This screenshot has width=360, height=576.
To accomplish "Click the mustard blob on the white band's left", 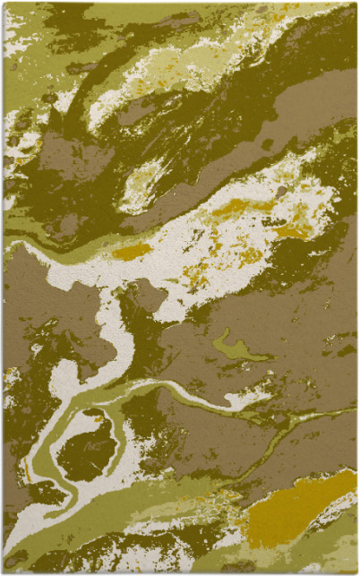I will click(x=132, y=252).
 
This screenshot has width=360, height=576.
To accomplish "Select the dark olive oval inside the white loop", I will click(x=87, y=447).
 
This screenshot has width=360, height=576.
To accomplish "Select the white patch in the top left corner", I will click(x=11, y=36).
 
